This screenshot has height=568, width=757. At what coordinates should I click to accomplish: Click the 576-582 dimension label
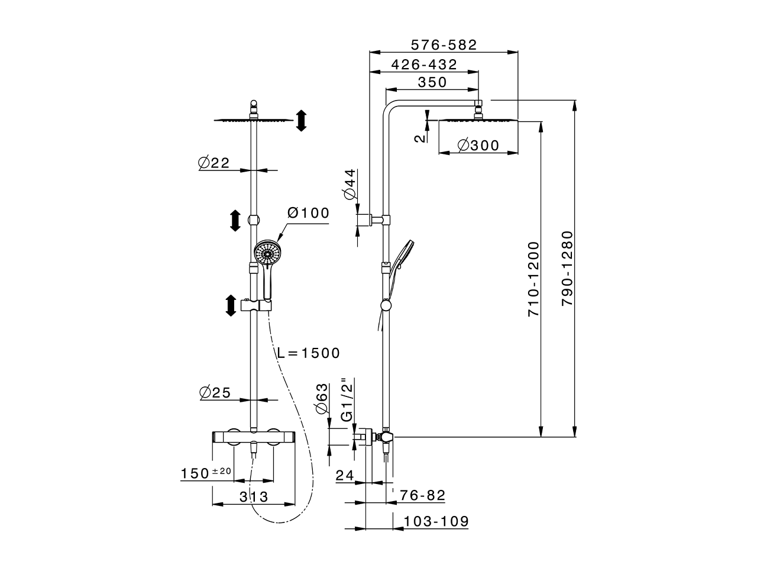(444, 45)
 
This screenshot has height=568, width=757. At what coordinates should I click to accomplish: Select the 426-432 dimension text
(424, 64)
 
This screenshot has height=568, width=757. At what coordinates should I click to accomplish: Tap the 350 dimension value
(432, 82)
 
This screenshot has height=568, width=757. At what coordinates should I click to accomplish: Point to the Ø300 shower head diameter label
(478, 145)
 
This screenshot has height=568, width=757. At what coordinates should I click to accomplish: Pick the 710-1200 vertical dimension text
(534, 278)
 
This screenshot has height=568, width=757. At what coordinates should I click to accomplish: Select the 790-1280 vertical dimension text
(568, 269)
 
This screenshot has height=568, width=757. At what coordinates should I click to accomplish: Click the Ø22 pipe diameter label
(213, 163)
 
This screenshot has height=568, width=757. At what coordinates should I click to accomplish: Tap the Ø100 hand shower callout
(308, 213)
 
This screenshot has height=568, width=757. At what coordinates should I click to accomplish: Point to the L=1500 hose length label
(309, 353)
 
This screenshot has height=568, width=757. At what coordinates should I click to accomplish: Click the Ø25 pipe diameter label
(214, 392)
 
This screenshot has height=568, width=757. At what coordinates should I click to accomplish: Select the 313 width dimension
(254, 497)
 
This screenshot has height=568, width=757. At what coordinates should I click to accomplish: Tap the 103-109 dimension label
(436, 521)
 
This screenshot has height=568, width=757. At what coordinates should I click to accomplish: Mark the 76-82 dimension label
(422, 495)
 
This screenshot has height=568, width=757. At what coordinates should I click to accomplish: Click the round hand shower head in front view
(267, 253)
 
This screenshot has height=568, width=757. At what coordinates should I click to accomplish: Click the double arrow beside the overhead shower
(301, 120)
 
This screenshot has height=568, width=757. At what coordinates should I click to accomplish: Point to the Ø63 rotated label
(322, 400)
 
